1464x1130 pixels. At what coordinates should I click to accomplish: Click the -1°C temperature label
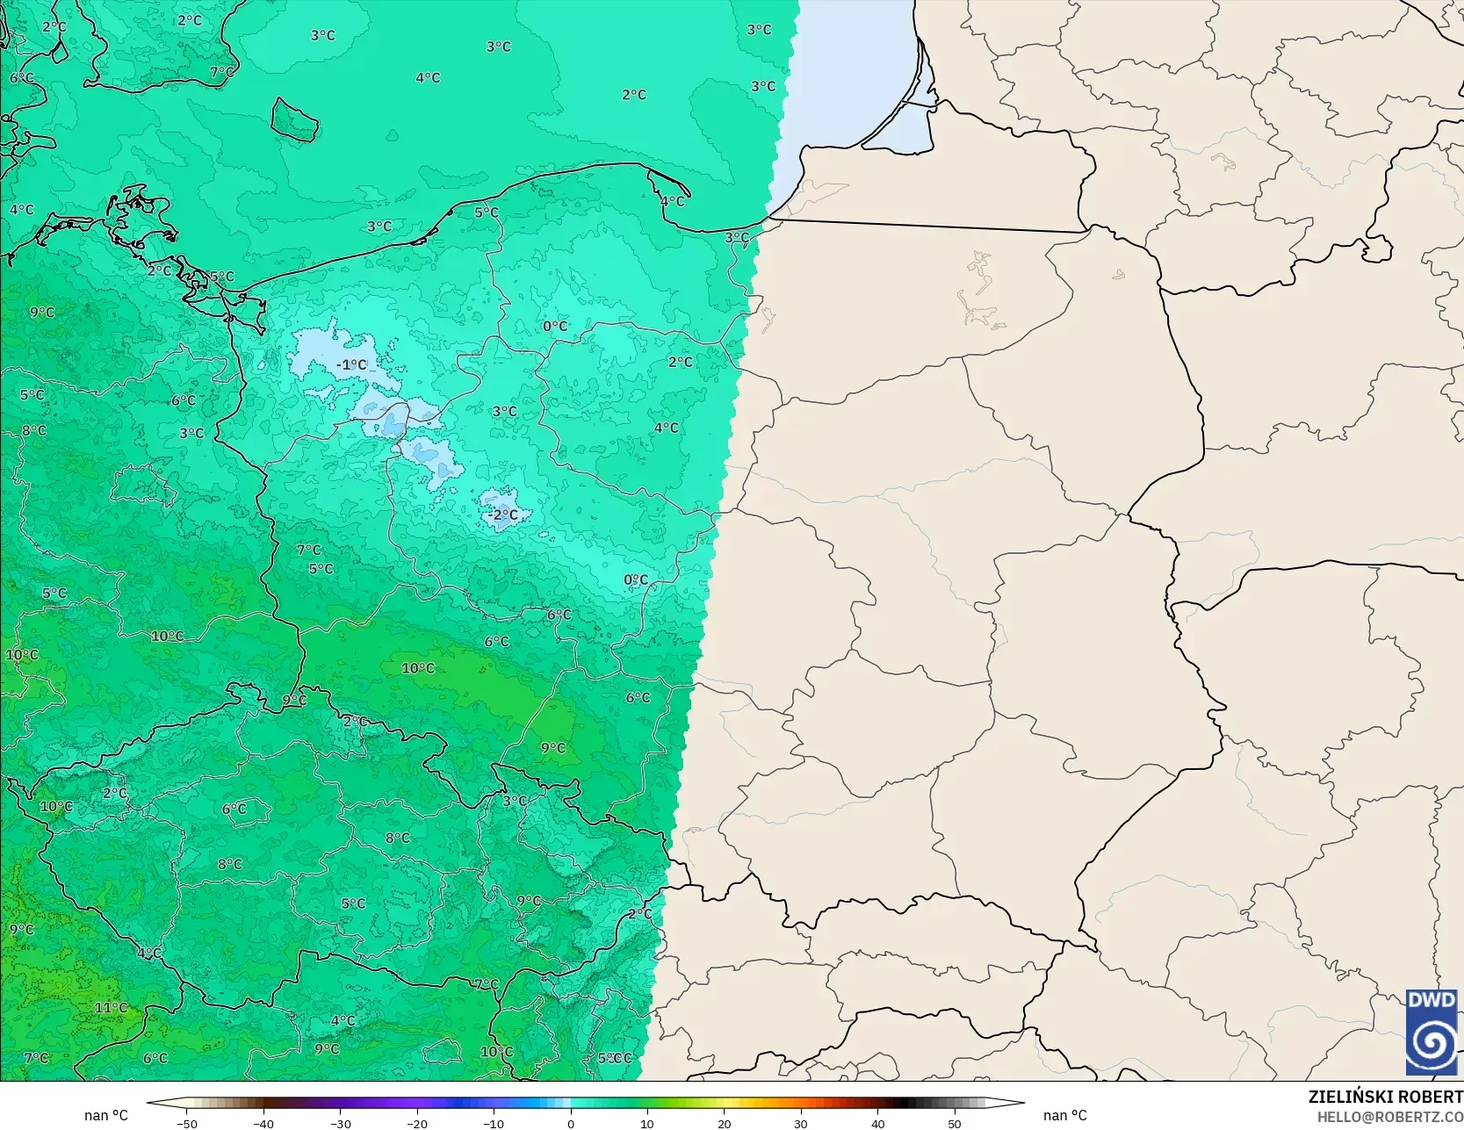coord(352,364)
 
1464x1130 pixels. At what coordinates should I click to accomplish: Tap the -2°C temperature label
coord(504,515)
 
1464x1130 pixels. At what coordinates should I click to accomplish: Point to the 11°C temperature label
coord(111,1007)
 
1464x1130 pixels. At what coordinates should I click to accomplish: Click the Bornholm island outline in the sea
coord(293,119)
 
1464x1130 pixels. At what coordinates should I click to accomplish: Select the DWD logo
coord(1432,1032)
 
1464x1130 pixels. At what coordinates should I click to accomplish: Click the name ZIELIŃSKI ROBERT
coord(1385,1097)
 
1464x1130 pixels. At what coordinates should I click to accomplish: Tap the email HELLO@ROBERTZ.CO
coord(1389,1116)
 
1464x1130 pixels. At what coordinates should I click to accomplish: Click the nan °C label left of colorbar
coord(106,1115)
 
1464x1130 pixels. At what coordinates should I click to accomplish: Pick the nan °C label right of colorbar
coord(1064,1115)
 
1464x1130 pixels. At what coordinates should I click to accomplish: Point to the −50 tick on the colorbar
coord(186,1123)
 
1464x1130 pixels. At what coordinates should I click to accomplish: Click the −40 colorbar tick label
coord(263,1123)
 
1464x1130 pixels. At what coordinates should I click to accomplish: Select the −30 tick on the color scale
coord(340,1123)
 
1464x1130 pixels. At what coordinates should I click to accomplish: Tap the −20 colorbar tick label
coord(417,1123)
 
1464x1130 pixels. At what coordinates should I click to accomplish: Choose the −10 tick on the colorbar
coord(494,1123)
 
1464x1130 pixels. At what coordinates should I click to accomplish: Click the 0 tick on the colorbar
coord(571,1123)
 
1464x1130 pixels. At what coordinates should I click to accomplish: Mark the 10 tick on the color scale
coord(647,1123)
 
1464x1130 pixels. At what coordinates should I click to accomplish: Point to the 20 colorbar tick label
coord(724,1123)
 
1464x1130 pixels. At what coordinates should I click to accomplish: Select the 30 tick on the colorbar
coord(801,1123)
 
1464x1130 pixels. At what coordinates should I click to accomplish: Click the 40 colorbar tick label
coord(877,1123)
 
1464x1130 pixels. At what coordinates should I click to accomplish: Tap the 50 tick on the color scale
coord(955,1123)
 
